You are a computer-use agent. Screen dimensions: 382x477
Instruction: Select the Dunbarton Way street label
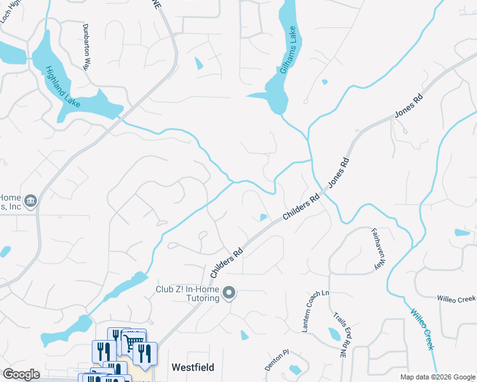(x=86, y=47)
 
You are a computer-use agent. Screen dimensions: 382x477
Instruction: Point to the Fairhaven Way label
(x=378, y=249)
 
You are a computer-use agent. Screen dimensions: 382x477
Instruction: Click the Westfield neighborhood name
(x=193, y=367)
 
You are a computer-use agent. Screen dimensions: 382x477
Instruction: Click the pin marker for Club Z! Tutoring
(x=231, y=294)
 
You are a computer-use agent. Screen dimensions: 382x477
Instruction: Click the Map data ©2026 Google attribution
(x=437, y=377)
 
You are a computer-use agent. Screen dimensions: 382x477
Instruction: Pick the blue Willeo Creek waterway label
(x=422, y=329)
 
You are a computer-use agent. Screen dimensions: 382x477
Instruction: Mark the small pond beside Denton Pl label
(x=295, y=370)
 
